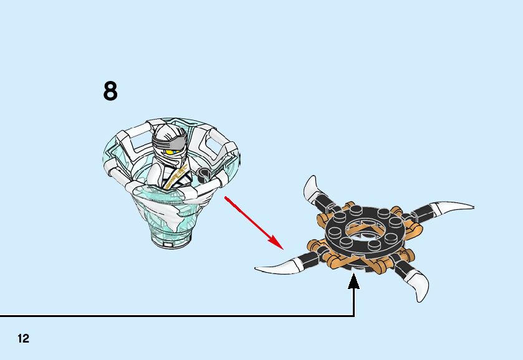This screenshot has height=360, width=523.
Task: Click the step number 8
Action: (x=110, y=92)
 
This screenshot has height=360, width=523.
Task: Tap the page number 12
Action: (x=24, y=339)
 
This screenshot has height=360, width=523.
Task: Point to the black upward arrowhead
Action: (x=354, y=282)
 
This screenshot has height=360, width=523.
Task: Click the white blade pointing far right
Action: (x=453, y=208)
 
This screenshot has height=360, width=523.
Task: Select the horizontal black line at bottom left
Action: (x=175, y=316)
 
